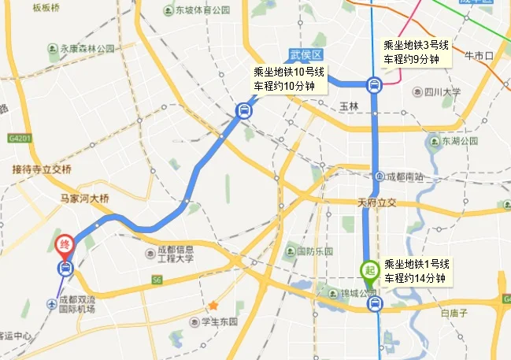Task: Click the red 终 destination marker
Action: (x=65, y=246)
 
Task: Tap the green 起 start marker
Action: (x=368, y=269)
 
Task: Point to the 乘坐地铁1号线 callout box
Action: (x=417, y=270)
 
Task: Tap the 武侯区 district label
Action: (x=305, y=55)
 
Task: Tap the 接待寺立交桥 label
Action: (x=42, y=169)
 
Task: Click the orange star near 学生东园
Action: (x=213, y=305)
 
